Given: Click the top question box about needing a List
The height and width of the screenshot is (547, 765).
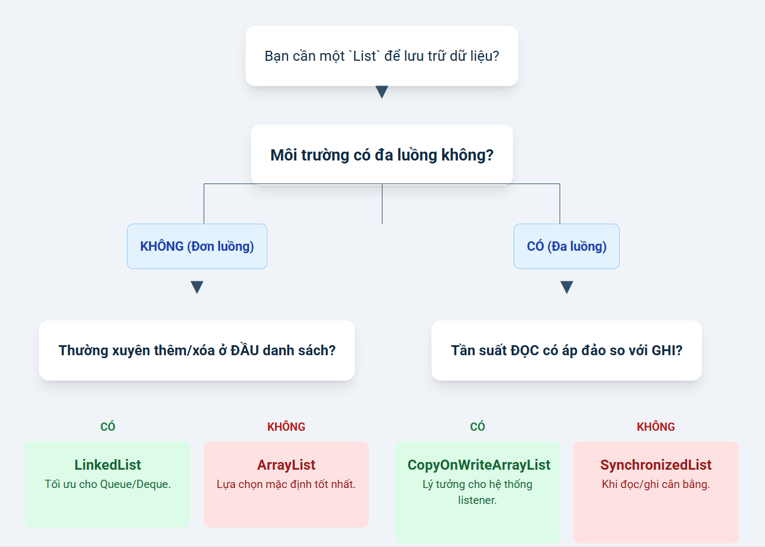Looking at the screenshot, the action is (x=382, y=56).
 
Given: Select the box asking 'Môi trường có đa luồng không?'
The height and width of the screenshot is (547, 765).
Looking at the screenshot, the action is (x=382, y=155).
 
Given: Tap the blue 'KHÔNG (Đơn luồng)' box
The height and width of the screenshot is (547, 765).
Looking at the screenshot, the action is (x=197, y=246).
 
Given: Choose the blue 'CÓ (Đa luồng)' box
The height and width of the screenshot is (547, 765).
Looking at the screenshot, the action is (x=567, y=246).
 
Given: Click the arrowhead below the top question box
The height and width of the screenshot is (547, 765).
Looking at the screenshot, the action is (x=382, y=91).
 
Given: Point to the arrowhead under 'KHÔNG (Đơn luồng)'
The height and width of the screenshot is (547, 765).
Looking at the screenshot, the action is (x=197, y=287).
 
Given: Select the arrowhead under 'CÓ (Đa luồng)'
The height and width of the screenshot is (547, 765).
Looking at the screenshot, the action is (x=567, y=287).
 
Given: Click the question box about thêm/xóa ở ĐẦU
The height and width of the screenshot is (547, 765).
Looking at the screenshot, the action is (x=197, y=351).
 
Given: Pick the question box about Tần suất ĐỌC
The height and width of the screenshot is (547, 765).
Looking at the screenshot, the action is (x=567, y=351).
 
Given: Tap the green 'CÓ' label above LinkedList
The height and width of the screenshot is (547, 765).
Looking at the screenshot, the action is (x=107, y=427).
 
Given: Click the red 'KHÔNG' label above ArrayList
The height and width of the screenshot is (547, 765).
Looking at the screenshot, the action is (x=286, y=427).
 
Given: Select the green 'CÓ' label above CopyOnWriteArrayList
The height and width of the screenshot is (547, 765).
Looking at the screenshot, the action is (x=478, y=427).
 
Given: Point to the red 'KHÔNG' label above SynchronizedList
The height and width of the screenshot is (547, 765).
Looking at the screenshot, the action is (x=656, y=427).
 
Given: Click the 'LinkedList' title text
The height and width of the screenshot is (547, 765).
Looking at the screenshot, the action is (x=107, y=465).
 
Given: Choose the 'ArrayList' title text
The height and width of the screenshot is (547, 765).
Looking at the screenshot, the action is (x=286, y=465).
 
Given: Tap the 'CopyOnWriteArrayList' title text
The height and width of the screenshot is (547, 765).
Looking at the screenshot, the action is (x=479, y=465).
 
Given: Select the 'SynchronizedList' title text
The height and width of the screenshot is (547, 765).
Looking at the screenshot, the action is (x=656, y=465).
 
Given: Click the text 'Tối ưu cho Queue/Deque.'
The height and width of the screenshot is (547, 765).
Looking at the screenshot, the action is (x=107, y=484).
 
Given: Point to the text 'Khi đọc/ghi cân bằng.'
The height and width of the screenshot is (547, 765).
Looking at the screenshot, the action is (x=656, y=484).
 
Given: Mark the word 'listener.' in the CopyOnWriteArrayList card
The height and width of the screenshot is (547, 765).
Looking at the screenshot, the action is (x=478, y=500).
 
